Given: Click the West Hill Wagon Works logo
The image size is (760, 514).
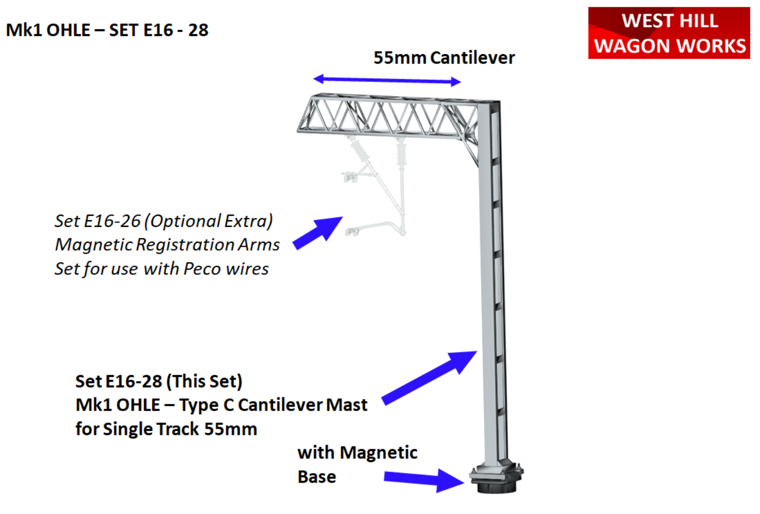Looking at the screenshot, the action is pos(669,33).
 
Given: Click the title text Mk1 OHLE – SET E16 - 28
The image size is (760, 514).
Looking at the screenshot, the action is pos(107,30).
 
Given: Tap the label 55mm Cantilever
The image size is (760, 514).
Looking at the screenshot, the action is pos(444,58).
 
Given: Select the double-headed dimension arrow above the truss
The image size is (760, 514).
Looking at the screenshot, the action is pos(387,80).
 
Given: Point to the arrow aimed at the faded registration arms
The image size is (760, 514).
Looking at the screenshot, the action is pos(317,233).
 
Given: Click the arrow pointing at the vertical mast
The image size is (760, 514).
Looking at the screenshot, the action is pos(430,377).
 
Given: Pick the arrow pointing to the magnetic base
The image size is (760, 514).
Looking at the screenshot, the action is pos(424,480).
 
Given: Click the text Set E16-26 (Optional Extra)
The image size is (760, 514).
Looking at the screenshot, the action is pos(164,221).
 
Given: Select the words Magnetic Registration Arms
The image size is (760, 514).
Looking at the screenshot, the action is pos(167,245).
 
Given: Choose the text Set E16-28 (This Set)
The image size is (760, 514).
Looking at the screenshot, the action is pos(159,381).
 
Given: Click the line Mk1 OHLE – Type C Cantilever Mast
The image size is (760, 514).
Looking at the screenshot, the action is pos(221,405).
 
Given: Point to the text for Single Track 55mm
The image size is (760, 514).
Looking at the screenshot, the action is pos(166,429).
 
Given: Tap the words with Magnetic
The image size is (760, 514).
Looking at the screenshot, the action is pos(357,453).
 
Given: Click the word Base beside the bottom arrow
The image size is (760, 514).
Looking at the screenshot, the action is pos(316,477).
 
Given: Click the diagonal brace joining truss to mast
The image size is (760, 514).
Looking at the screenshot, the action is pos(470,152).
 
